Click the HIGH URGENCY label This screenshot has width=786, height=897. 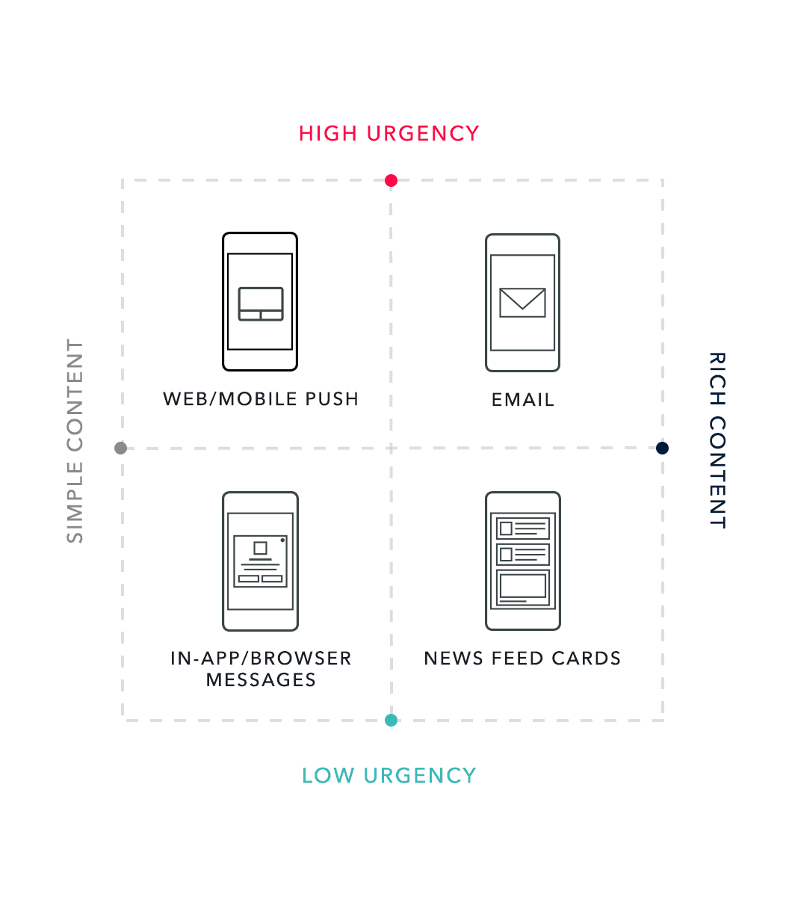[389, 134]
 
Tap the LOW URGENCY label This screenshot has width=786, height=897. [389, 776]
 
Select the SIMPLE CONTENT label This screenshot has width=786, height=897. [75, 441]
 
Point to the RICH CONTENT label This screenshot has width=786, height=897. [717, 440]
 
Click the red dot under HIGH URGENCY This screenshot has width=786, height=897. [391, 180]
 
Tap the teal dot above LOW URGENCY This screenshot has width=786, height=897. [391, 721]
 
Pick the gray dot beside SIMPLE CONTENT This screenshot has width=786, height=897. [120, 449]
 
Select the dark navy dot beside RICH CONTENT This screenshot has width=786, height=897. [662, 449]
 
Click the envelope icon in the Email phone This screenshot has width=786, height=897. [522, 303]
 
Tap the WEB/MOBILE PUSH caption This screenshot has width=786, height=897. [261, 399]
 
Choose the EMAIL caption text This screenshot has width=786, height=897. [523, 400]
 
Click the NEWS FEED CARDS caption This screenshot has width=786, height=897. [522, 659]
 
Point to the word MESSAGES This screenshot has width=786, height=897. [261, 680]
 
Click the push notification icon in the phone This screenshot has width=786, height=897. [261, 303]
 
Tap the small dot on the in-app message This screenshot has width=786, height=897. [282, 540]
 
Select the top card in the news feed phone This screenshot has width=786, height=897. [523, 528]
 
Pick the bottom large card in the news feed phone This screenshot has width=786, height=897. [523, 588]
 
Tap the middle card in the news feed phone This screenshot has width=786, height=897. [523, 555]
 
